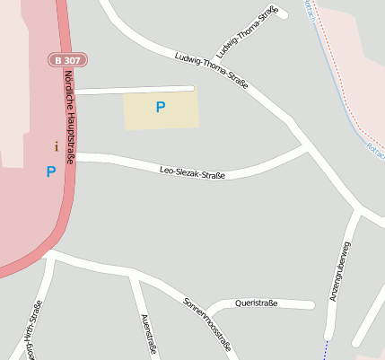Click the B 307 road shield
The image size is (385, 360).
click(x=67, y=60)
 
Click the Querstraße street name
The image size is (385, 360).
click(x=256, y=303)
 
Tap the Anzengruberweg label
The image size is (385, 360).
click(x=341, y=270)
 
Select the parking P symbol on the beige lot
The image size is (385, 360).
click(x=161, y=108)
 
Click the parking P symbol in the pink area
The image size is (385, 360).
click(x=51, y=171)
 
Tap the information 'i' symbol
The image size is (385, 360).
click(x=56, y=145)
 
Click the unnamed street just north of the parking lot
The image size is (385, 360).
click(x=135, y=89)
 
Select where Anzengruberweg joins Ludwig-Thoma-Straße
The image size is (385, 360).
click(x=359, y=212)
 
